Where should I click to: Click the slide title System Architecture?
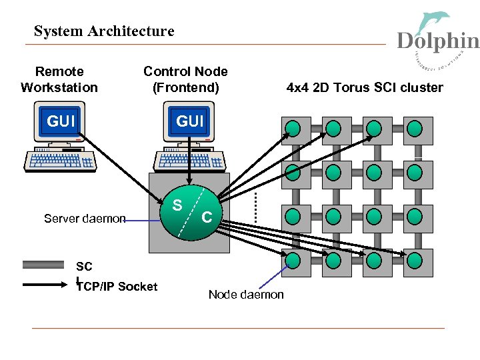104,31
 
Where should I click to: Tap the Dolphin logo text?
437,41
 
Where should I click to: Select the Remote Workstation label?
59,79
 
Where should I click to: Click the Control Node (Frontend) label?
185,79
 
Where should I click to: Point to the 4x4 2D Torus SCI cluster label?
365,87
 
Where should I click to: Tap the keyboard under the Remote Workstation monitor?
60,161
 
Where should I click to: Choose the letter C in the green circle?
207,217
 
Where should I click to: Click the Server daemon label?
85,218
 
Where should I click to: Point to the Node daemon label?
246,295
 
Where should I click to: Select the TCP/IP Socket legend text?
117,287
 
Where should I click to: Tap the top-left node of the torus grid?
292,129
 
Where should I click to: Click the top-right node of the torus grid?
415,129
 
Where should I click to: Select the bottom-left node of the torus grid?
292,259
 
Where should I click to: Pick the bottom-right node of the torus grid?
415,259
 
